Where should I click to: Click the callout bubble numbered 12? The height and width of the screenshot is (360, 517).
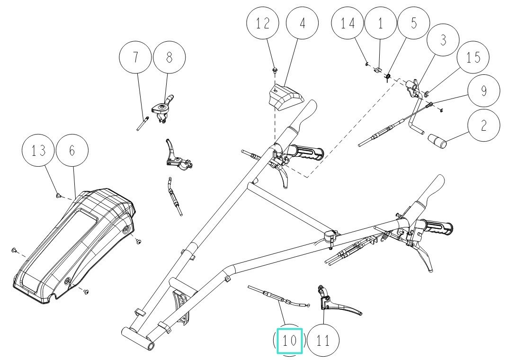[263, 24]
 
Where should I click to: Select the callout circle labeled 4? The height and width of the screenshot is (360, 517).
[303, 24]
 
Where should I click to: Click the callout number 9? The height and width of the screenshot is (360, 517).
[483, 90]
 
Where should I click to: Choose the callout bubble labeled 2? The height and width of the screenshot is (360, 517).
[483, 125]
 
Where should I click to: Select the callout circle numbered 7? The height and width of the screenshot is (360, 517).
[136, 57]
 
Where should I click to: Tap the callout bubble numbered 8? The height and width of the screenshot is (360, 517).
[169, 57]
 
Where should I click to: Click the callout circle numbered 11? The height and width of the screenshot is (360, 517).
[323, 341]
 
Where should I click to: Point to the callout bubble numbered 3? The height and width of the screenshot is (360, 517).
[443, 40]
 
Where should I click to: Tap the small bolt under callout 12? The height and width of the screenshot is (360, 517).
[275, 71]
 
